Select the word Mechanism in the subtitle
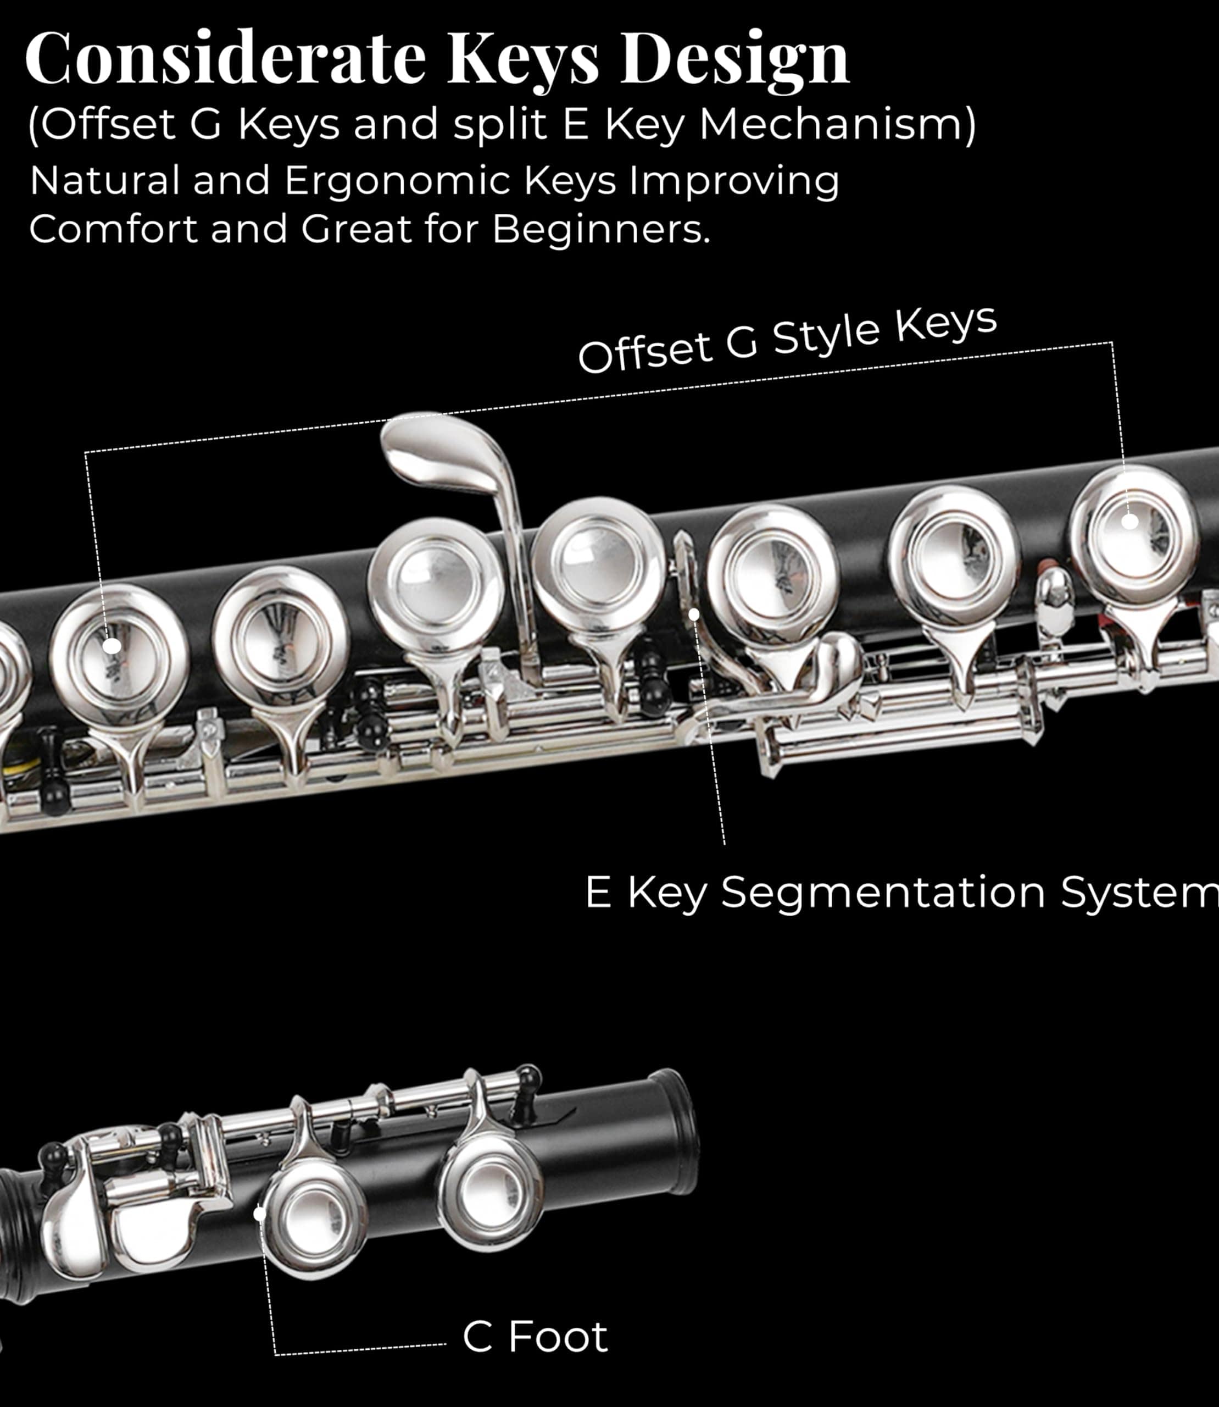[837, 125]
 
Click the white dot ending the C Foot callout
[259, 1214]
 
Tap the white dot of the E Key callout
[694, 614]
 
